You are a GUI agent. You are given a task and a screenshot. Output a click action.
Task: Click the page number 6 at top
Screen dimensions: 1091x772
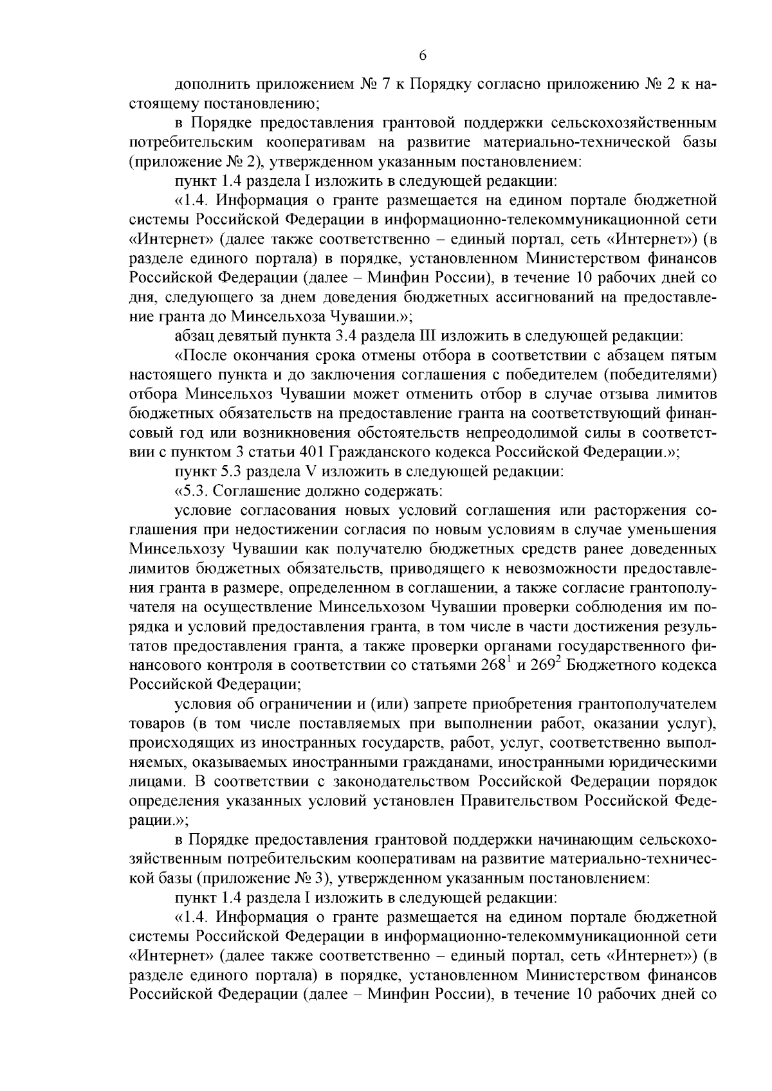click(x=423, y=56)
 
